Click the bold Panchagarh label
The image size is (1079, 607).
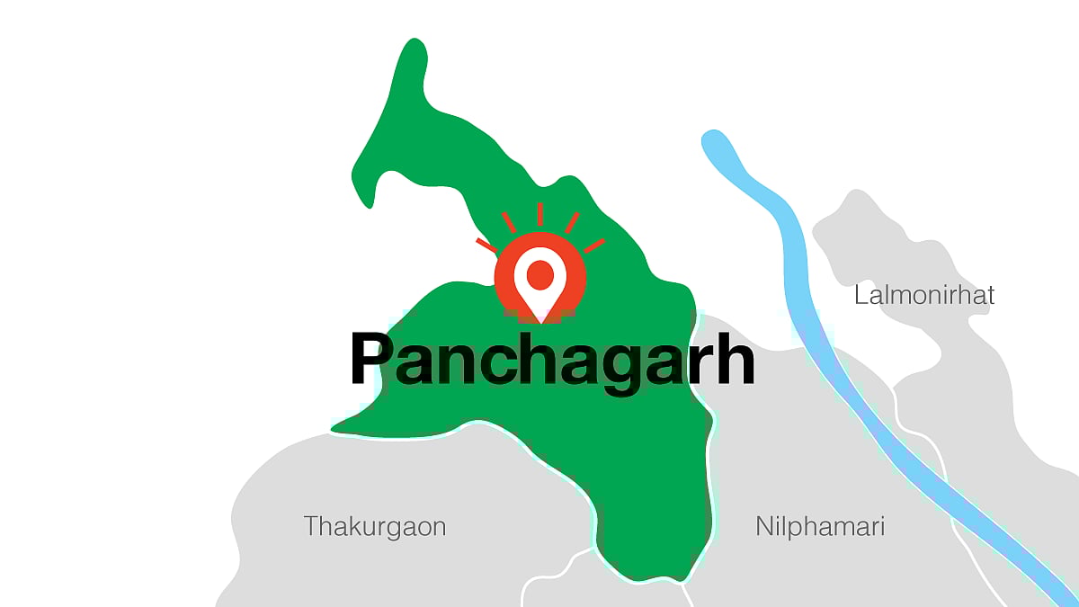click(551, 361)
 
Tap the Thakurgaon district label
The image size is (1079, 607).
click(375, 527)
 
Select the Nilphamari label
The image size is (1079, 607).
click(820, 527)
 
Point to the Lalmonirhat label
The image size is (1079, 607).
click(924, 295)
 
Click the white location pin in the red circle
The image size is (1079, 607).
click(539, 286)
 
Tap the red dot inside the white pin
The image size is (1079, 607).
click(539, 273)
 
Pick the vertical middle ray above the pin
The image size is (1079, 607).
click(539, 214)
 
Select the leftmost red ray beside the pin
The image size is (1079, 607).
click(486, 245)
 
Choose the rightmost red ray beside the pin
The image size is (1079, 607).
click(594, 245)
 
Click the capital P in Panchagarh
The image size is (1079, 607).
click(370, 359)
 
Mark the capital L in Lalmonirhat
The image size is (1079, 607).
click(861, 295)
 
